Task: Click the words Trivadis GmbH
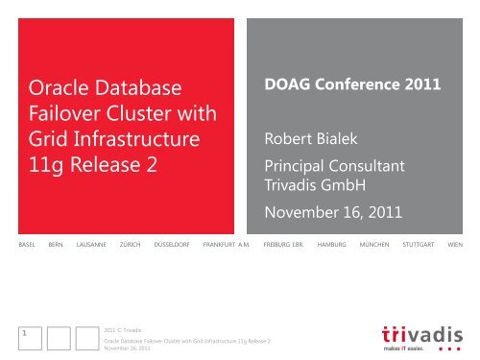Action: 313,187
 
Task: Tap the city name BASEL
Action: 18,245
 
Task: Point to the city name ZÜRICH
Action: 137,245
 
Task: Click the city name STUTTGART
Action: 420,245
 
